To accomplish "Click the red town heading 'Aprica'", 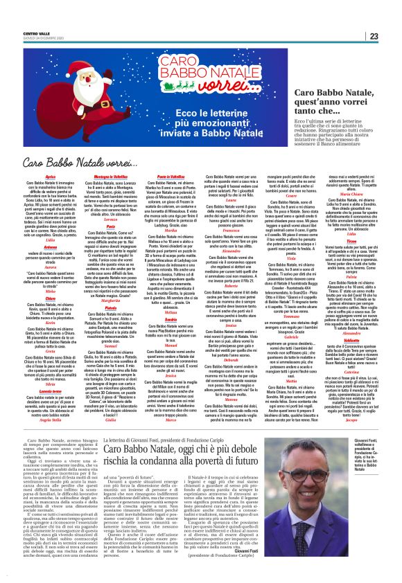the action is pyautogui.click(x=49, y=178).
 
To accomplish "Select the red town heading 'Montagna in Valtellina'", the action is pyautogui.click(x=103, y=178).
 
